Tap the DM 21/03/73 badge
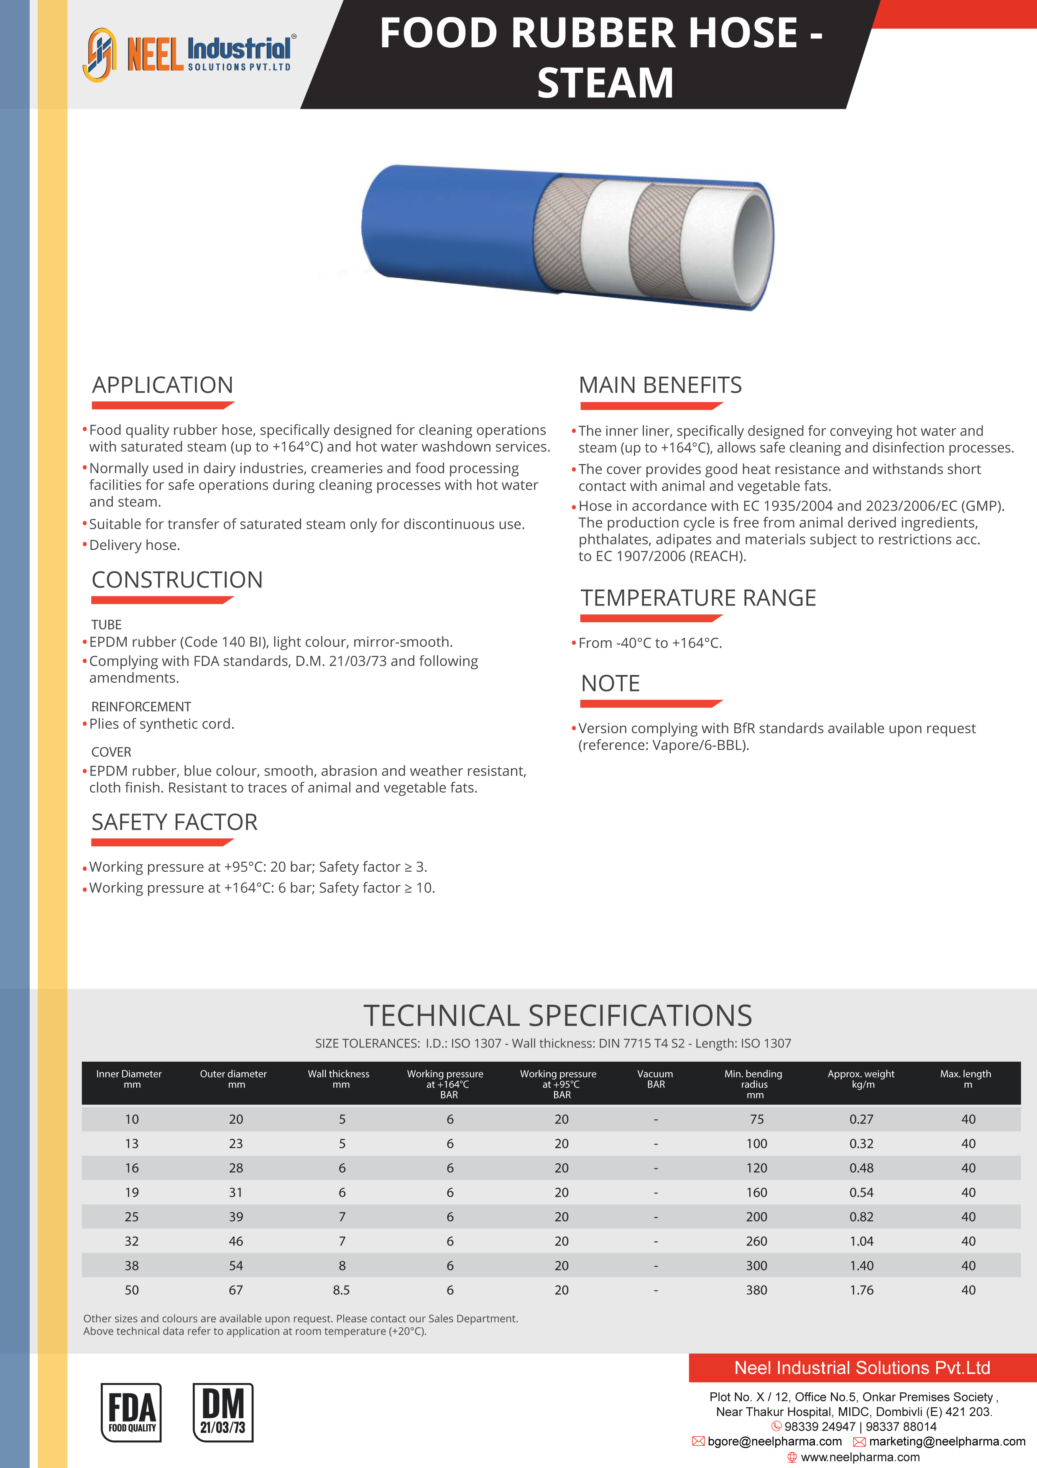(x=222, y=1412)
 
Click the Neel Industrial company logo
(x=189, y=54)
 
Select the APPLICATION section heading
(x=163, y=385)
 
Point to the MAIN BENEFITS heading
(x=660, y=385)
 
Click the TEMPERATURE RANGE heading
(x=698, y=598)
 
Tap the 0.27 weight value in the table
(x=861, y=1119)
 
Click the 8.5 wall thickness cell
(x=341, y=1290)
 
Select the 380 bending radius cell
(x=756, y=1290)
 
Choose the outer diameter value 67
(x=236, y=1290)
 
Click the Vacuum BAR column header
(x=656, y=1079)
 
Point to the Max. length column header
(x=966, y=1079)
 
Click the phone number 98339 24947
(x=820, y=1427)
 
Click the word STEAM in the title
(x=605, y=83)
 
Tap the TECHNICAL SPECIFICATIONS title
(x=558, y=1015)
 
